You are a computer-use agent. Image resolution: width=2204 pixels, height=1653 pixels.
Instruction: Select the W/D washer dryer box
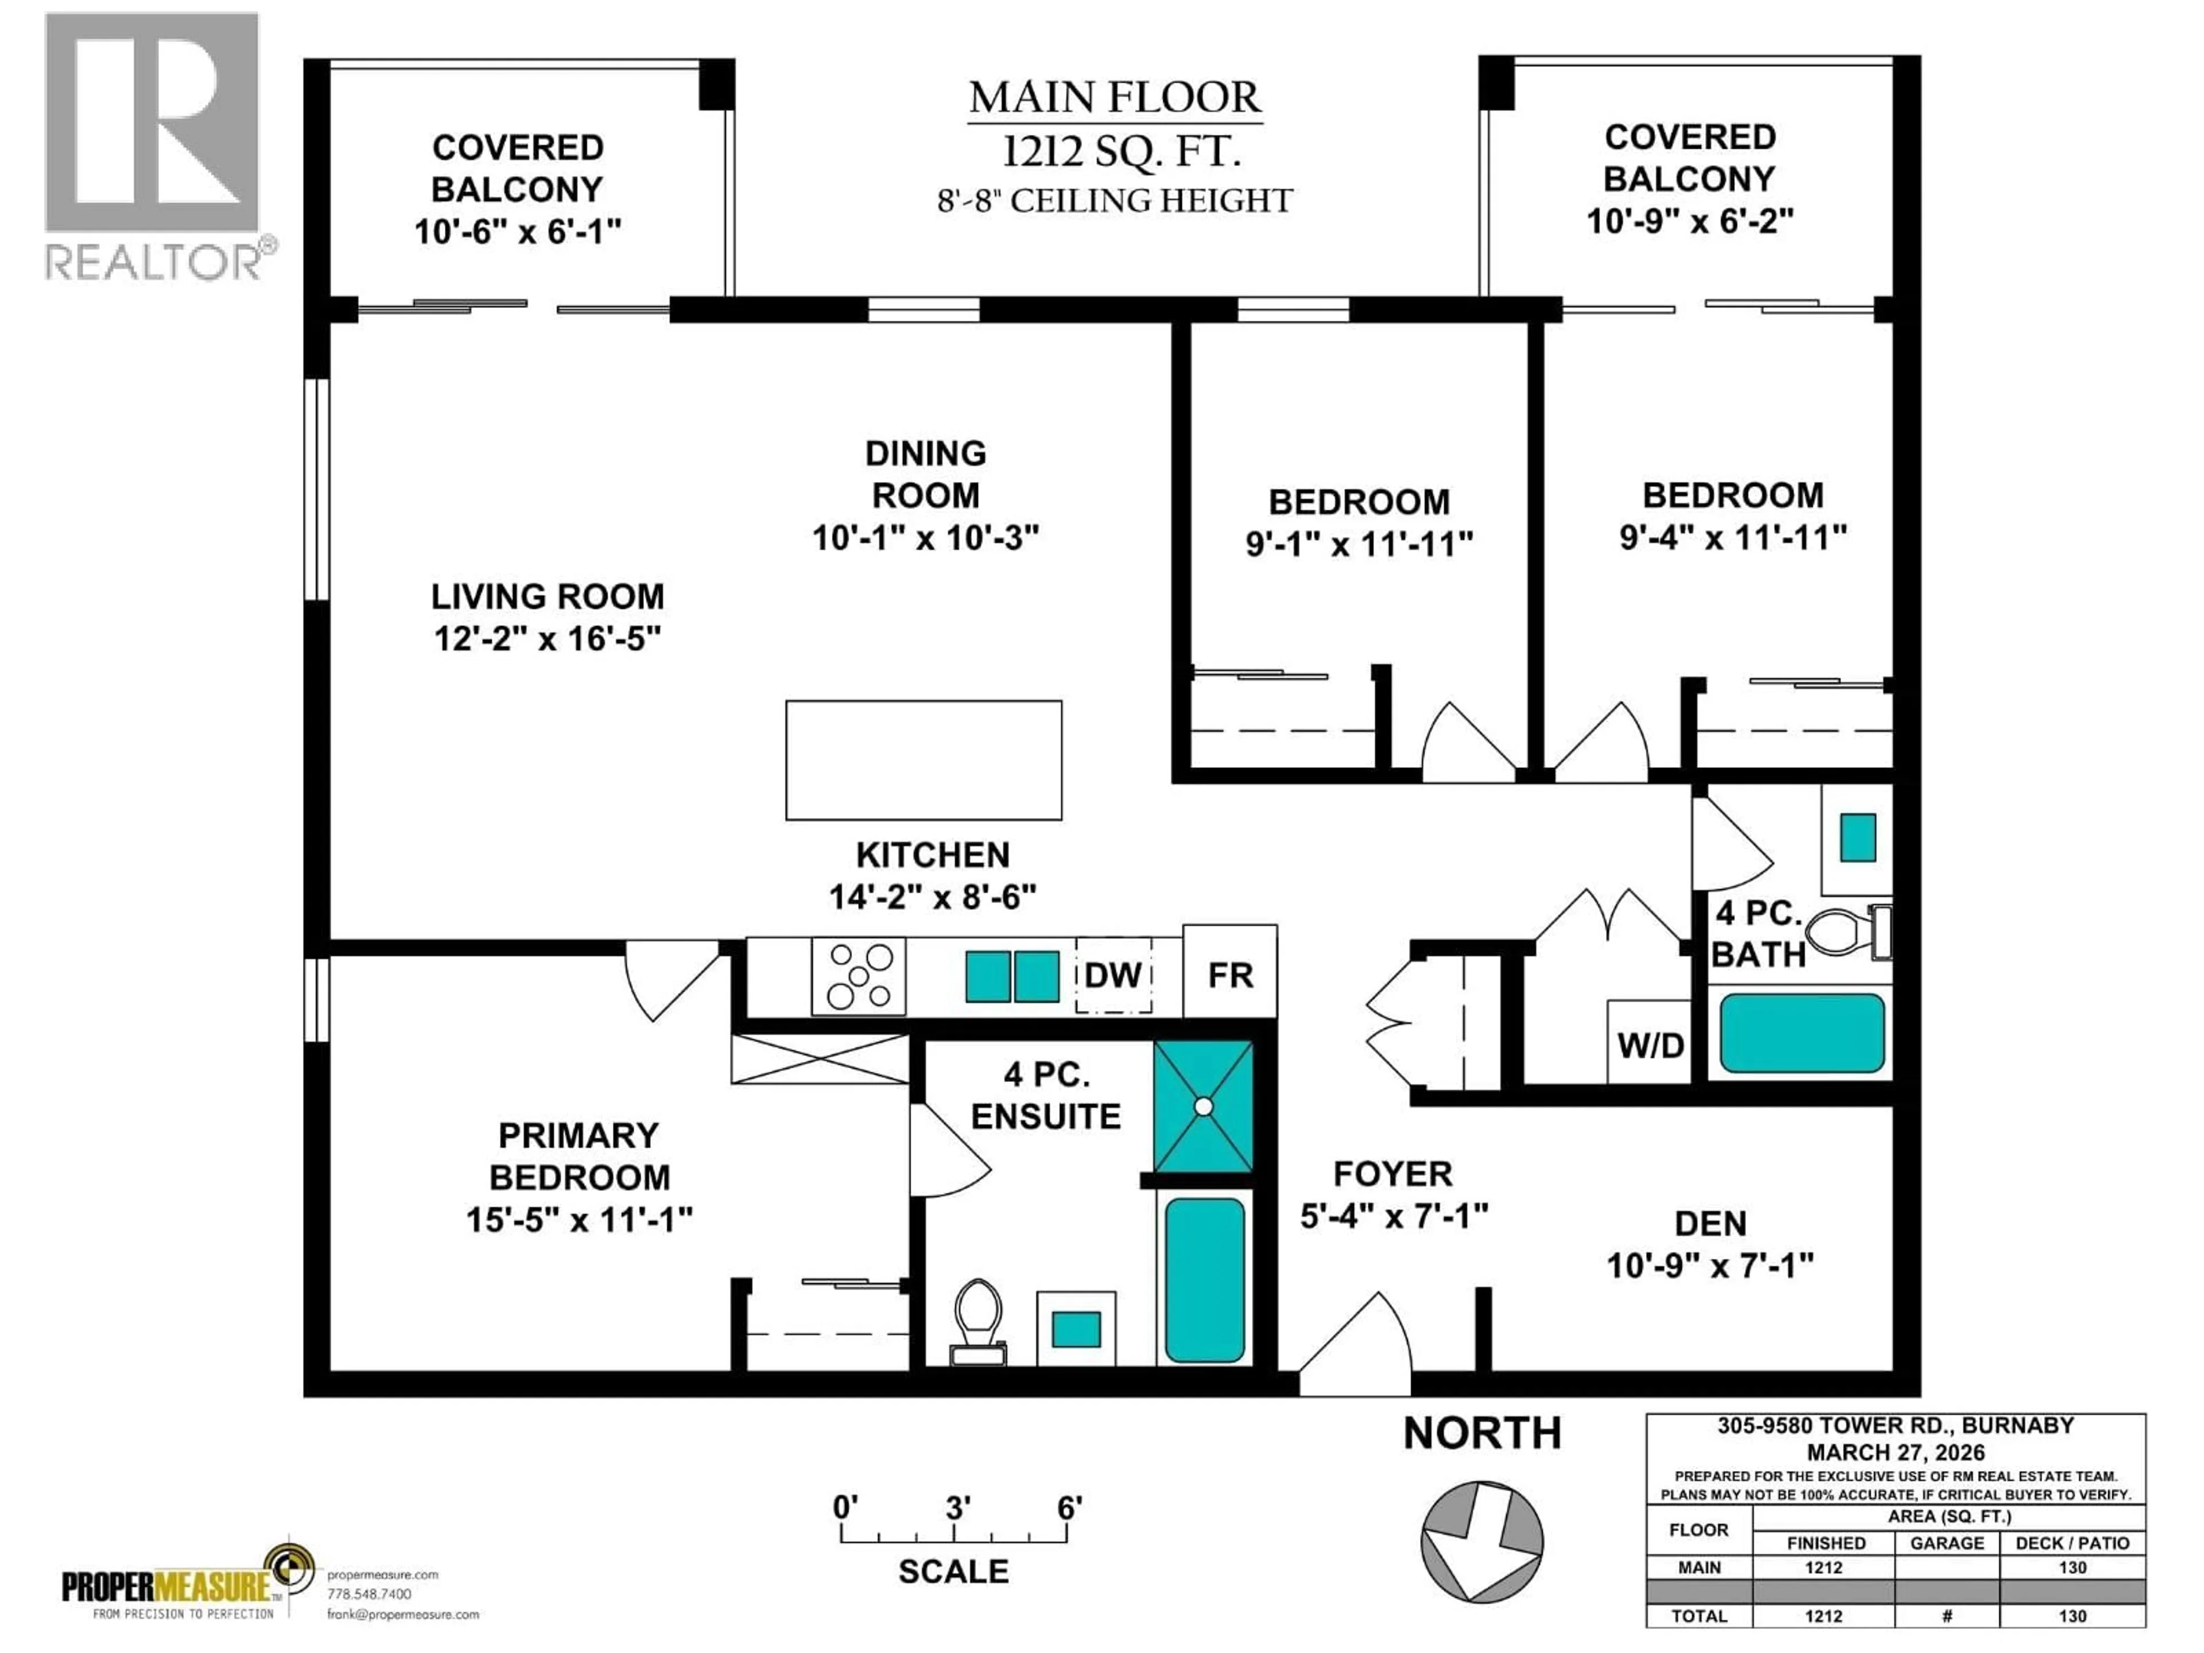point(1650,1043)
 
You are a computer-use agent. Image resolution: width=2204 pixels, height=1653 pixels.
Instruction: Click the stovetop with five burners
point(859,976)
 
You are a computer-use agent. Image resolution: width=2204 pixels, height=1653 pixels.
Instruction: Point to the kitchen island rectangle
point(923,760)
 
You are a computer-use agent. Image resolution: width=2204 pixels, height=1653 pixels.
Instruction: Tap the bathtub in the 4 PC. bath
point(1802,1033)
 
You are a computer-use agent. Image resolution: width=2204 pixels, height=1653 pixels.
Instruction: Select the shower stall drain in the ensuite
point(1204,1106)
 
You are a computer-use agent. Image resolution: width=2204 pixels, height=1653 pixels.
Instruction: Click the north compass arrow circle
point(1481,1542)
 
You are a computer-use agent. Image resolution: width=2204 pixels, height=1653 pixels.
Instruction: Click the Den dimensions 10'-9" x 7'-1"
point(1710,1266)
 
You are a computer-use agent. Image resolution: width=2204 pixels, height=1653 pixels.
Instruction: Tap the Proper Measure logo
point(187,1584)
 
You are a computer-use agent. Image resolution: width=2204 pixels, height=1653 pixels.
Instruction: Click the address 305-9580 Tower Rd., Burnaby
point(1895,1426)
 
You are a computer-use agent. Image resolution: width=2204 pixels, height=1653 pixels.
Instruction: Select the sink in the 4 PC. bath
point(1857,837)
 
